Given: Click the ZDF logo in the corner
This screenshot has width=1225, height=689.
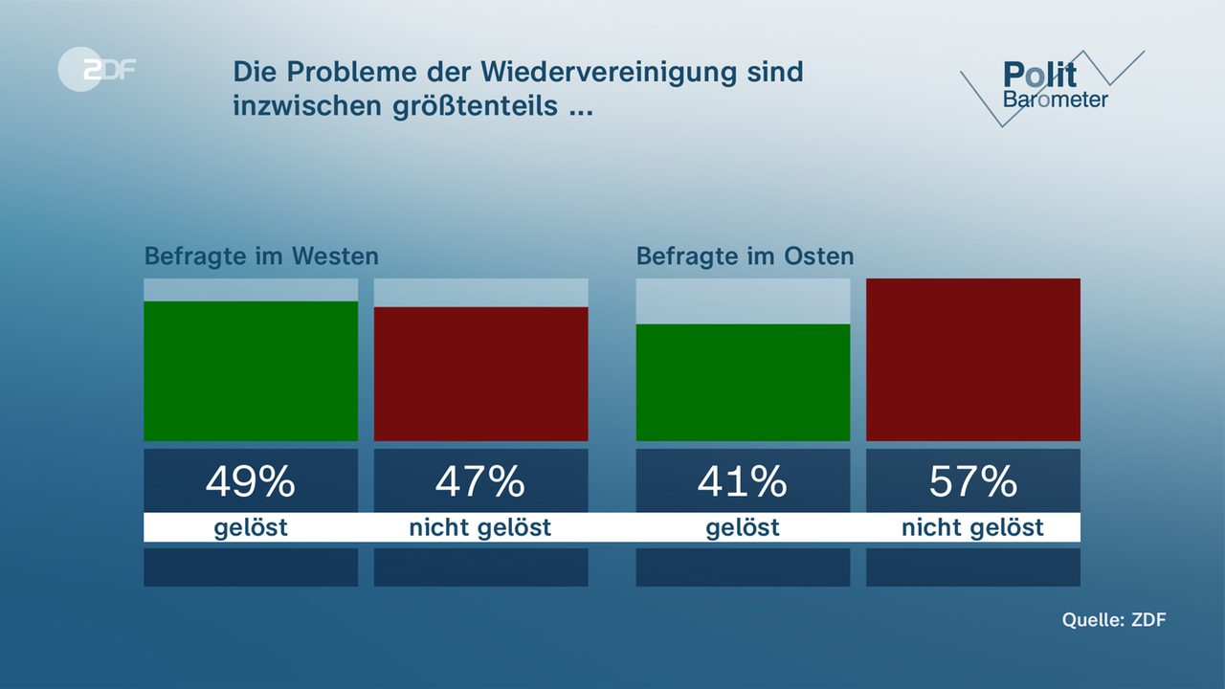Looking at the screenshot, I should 97,69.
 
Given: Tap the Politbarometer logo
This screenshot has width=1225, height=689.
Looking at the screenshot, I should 1053,86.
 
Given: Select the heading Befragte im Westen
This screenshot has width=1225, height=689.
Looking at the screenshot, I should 261,256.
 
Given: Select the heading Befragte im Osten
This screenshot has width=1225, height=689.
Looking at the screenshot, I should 745,256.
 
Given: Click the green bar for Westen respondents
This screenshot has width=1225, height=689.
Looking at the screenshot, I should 251,371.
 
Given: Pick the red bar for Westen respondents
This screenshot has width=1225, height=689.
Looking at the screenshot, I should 480,374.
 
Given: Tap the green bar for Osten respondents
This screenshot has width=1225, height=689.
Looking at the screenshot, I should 743,383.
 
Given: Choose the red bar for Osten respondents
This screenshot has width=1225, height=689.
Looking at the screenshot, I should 972,360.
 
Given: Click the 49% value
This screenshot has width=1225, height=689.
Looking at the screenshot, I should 251,481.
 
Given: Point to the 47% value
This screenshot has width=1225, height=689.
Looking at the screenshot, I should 480,481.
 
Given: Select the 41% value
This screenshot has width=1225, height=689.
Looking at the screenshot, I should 743,481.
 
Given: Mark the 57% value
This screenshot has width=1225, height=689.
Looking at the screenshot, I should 972,481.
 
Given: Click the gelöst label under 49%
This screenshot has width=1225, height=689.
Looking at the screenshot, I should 251,527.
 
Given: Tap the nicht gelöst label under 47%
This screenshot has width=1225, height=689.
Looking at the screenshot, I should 480,527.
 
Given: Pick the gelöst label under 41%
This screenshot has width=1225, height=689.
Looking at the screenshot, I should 743,527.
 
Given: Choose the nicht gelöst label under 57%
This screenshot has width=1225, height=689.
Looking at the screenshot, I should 972,527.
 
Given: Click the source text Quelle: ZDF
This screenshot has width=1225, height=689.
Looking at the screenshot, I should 1114,619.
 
